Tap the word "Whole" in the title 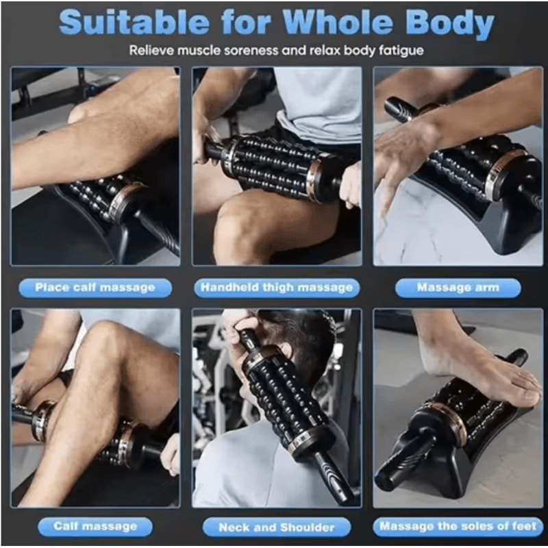342,23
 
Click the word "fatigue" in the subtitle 399,51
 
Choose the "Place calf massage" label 95,288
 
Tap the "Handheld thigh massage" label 277,288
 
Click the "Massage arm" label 458,288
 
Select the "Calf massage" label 95,526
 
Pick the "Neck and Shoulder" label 277,527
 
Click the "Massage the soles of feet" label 458,527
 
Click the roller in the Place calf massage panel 103,199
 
